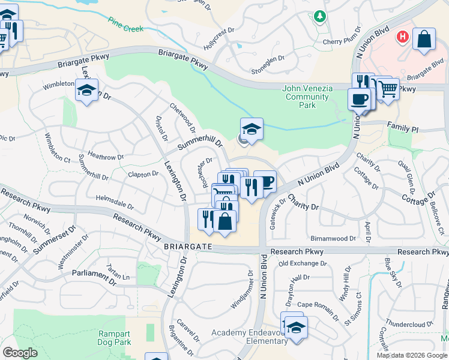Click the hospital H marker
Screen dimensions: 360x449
pos(402,37)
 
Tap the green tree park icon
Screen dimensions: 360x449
pos(321,17)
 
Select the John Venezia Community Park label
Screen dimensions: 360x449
pos(307,97)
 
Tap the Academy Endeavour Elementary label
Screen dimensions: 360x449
pos(249,337)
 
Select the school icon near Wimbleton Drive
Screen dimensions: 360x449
pos(86,91)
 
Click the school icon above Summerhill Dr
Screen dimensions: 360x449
pos(252,128)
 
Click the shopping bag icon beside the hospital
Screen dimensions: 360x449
pos(424,39)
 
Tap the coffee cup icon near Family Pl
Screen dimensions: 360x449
pos(360,99)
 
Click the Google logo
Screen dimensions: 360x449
pos(20,353)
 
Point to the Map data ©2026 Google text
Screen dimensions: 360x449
pos(411,355)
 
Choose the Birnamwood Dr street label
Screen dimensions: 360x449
pos(334,238)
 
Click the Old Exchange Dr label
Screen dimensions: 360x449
pos(303,263)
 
